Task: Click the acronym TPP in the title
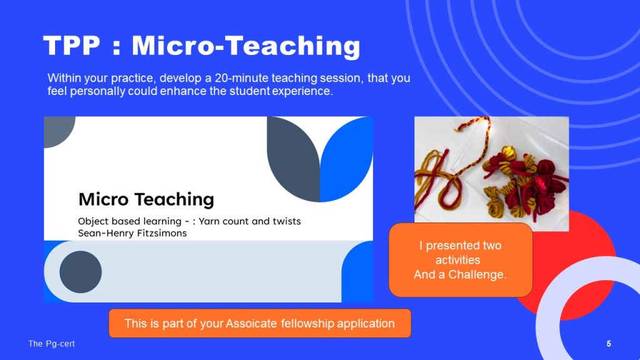tap(71, 45)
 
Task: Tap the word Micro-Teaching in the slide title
tap(246, 46)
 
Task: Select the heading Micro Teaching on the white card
tap(146, 199)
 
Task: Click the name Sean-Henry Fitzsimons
tap(132, 233)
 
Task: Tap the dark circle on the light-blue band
tap(81, 272)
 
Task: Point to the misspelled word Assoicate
tap(251, 323)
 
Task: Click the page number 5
tap(609, 344)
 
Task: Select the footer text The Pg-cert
tap(51, 344)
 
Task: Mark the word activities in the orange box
tap(457, 260)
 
